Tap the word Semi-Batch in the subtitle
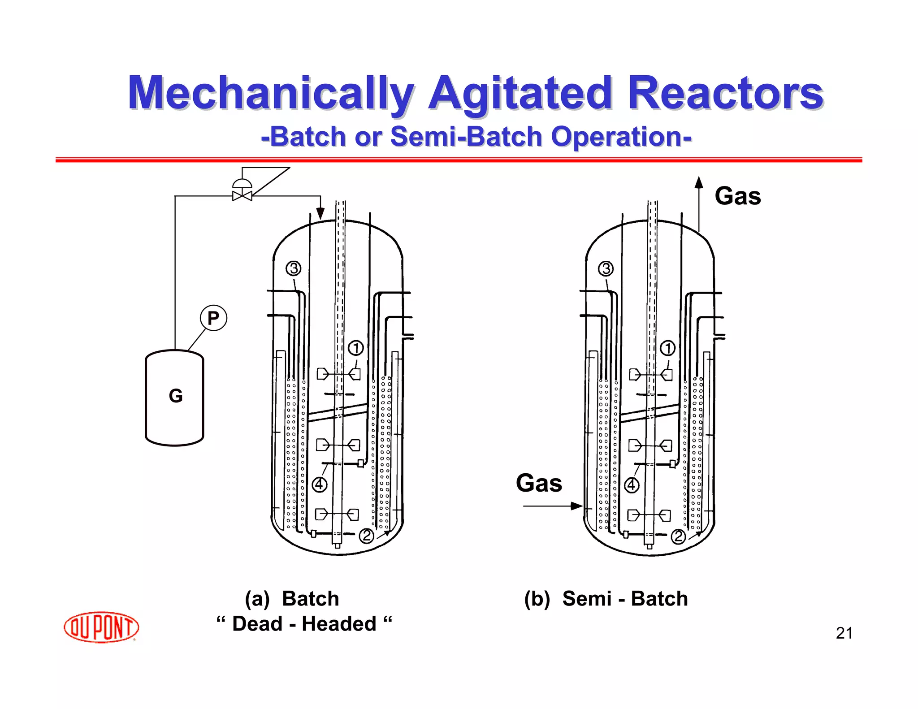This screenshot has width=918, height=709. (x=466, y=136)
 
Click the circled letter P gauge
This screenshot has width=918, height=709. (x=213, y=318)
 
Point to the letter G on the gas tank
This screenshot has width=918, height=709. (x=175, y=396)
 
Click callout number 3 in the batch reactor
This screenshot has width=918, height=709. (x=294, y=268)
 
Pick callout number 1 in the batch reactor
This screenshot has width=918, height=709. (x=356, y=348)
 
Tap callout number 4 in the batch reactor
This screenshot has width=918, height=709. (x=319, y=484)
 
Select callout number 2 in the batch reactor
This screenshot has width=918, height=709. (x=367, y=536)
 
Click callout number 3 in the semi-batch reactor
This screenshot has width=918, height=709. (x=606, y=268)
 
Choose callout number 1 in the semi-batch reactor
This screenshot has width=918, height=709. (x=668, y=348)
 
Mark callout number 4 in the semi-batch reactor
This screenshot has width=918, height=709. (x=632, y=484)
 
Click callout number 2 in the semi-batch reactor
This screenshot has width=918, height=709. (x=678, y=536)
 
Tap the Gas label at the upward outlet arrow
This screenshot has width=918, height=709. (x=738, y=196)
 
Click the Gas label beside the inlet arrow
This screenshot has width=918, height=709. (x=539, y=483)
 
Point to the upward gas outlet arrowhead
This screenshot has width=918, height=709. (x=698, y=182)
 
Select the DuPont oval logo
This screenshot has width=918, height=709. (x=101, y=627)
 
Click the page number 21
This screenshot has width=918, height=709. (x=844, y=633)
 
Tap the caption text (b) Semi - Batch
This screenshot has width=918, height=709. (x=606, y=599)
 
